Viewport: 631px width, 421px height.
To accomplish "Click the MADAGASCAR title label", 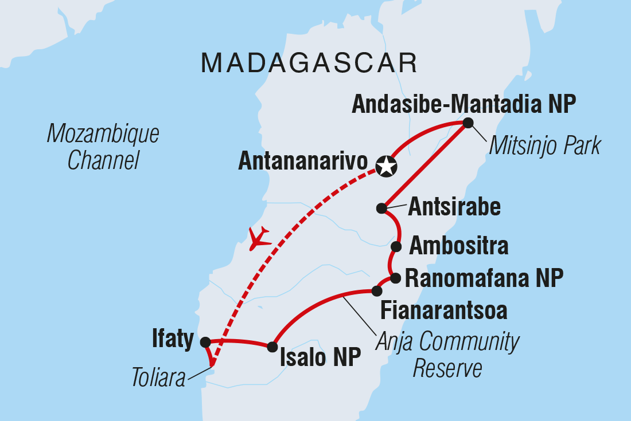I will tap(309, 63).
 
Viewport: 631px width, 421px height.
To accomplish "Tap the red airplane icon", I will tap(259, 238).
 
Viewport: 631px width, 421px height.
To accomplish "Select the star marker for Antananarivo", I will tap(385, 167).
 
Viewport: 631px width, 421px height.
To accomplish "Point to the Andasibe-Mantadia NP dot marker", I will tap(468, 123).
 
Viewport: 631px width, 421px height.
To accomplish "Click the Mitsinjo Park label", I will tap(544, 147).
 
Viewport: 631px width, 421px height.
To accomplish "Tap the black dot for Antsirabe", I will tap(381, 208).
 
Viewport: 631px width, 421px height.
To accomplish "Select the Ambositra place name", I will tap(458, 246).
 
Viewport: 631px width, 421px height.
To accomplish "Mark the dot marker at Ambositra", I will tap(396, 247).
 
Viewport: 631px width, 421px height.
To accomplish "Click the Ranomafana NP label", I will tap(484, 279).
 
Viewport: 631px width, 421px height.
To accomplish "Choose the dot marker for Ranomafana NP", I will tap(395, 278).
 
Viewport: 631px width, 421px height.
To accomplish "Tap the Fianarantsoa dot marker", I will tap(377, 291).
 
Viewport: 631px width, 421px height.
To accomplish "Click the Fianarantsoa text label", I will tap(444, 311).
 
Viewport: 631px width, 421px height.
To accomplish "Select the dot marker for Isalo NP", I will tap(272, 347).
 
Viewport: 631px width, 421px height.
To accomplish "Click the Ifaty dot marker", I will tap(205, 342).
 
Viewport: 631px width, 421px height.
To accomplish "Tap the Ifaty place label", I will tap(173, 340).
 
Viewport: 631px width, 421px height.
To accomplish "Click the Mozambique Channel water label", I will tap(103, 148).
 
